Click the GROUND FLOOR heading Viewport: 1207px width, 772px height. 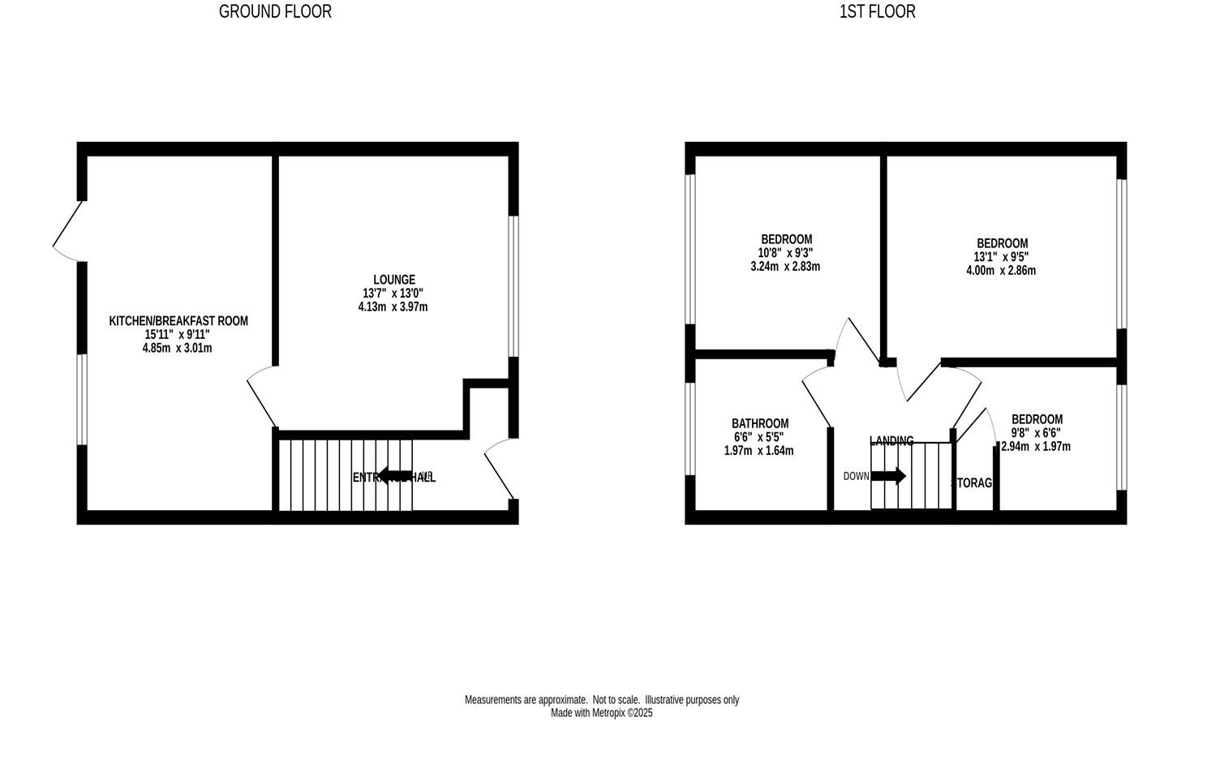click(x=275, y=11)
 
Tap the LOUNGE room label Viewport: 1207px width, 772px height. click(x=394, y=280)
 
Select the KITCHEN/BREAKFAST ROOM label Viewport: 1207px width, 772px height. click(x=178, y=321)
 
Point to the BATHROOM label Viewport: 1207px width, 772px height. click(x=759, y=423)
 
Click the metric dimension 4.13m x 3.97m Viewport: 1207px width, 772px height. click(x=393, y=307)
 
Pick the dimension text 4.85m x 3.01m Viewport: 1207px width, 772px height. click(x=177, y=348)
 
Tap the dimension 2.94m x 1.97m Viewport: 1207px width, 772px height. click(x=1036, y=446)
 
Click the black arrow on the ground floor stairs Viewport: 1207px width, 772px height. click(x=395, y=476)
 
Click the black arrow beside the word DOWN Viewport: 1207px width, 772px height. click(x=888, y=476)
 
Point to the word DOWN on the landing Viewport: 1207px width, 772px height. click(x=856, y=476)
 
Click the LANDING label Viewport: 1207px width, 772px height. click(x=891, y=441)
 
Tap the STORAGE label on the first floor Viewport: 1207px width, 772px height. click(x=972, y=482)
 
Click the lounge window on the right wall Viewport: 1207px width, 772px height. click(x=513, y=285)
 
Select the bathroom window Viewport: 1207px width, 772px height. click(x=690, y=428)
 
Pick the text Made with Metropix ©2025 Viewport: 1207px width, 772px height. click(x=601, y=714)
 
